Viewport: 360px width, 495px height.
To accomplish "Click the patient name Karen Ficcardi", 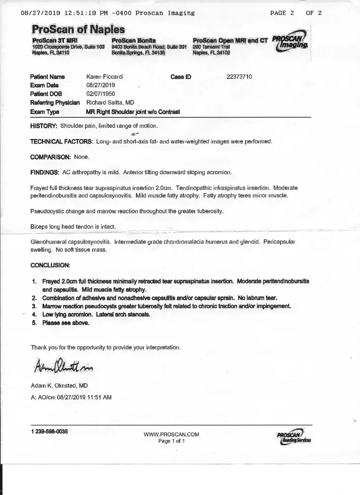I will [x=105, y=77].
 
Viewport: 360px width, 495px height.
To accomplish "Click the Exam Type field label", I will [x=45, y=112].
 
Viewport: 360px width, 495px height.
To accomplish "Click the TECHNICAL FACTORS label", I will [x=61, y=142].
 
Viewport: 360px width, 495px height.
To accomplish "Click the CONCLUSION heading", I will [x=51, y=265].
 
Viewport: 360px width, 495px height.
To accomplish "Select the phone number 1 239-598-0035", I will [x=50, y=432].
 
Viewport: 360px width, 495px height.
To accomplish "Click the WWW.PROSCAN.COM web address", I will [x=171, y=435].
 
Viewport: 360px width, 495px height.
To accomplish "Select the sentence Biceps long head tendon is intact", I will [x=73, y=227].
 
